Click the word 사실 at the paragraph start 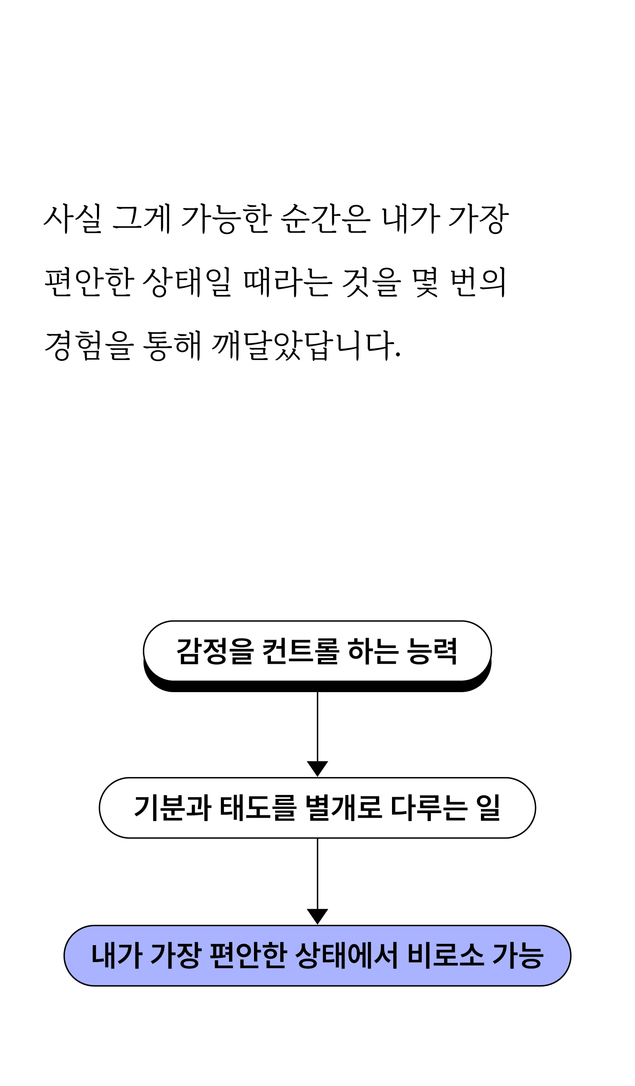[x=72, y=218]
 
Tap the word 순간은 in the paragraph [x=325, y=218]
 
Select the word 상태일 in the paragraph [x=187, y=282]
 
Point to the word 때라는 [x=288, y=282]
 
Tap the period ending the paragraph [x=398, y=355]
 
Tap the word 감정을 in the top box [x=214, y=652]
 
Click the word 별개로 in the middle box [x=343, y=808]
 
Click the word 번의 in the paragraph [x=478, y=282]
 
